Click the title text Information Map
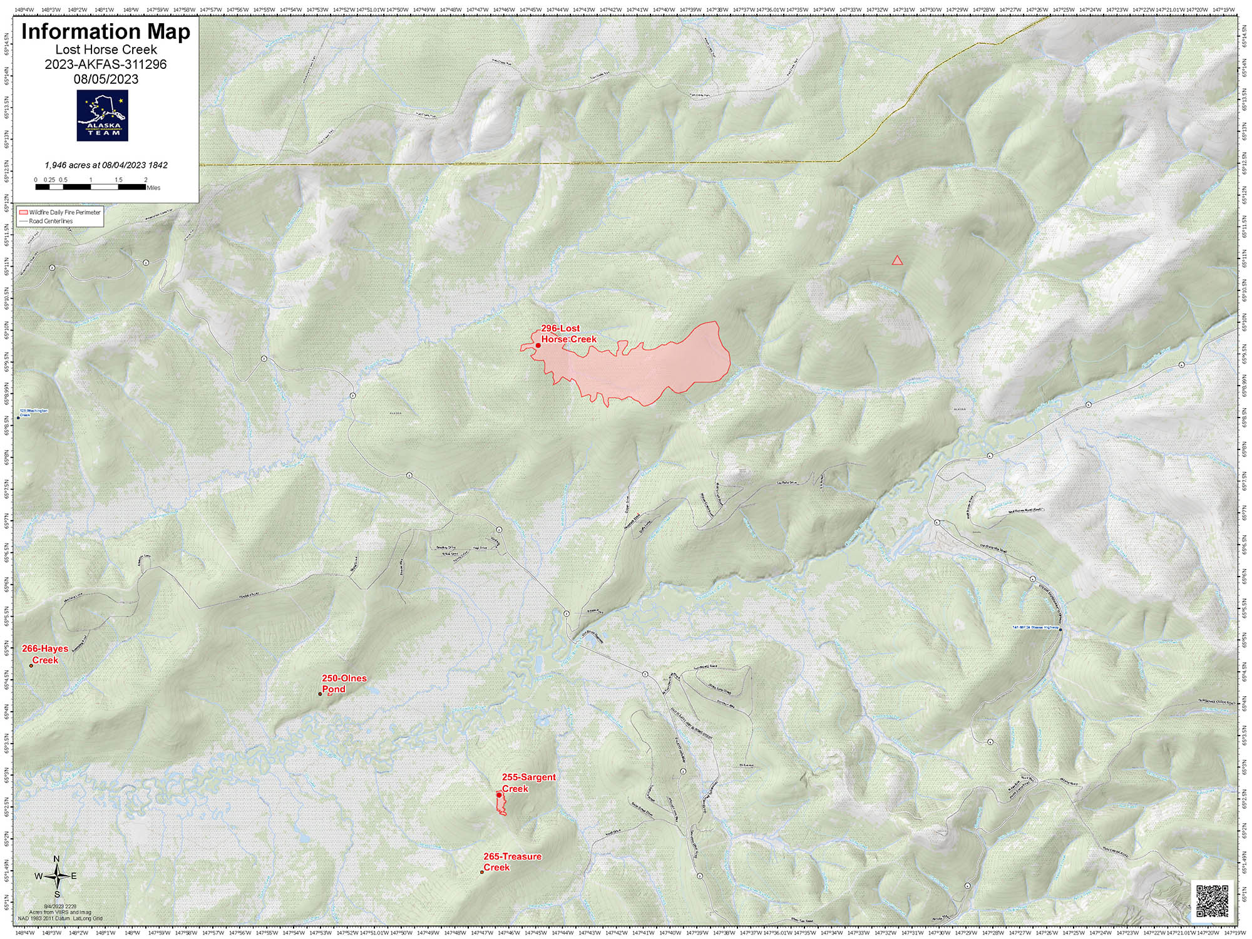(x=105, y=31)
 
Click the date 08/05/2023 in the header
(x=105, y=79)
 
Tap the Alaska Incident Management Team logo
(x=102, y=115)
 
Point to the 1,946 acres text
(x=105, y=165)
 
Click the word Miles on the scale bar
(x=153, y=188)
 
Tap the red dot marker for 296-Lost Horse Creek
(x=538, y=345)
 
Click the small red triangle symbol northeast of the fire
(x=897, y=260)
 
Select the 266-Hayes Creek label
(x=44, y=654)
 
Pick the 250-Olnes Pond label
(x=344, y=683)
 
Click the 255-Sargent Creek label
(x=528, y=782)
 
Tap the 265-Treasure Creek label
(x=511, y=861)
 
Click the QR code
(x=1213, y=901)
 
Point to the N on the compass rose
(x=56, y=859)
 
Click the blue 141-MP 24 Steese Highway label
(x=1035, y=627)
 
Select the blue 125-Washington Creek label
(x=33, y=413)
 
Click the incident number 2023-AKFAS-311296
(x=105, y=64)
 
